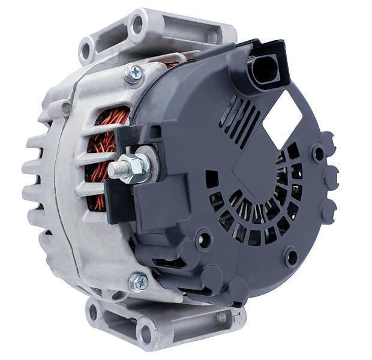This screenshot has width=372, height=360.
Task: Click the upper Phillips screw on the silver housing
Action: point(133,74)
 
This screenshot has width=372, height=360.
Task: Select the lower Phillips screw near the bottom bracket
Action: point(139,281)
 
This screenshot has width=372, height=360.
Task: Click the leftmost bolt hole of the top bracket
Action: point(86,47)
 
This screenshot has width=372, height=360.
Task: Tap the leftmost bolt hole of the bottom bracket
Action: point(92,311)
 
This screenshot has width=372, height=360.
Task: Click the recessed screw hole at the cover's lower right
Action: point(291,257)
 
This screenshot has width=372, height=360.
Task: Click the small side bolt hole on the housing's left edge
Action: point(65,109)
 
